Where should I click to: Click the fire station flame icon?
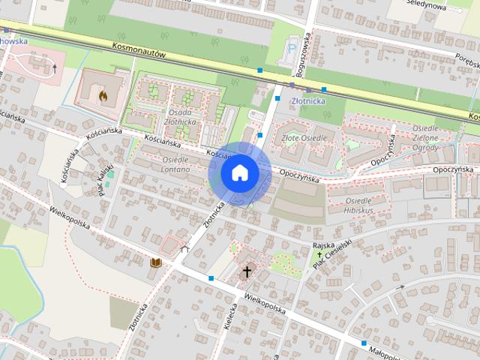(103, 95)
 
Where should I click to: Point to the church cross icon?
(247, 271)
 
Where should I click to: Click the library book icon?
(155, 262)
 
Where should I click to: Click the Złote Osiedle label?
(303, 138)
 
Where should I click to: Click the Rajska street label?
(322, 245)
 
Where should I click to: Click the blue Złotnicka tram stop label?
(307, 97)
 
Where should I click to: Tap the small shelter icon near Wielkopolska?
(184, 249)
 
